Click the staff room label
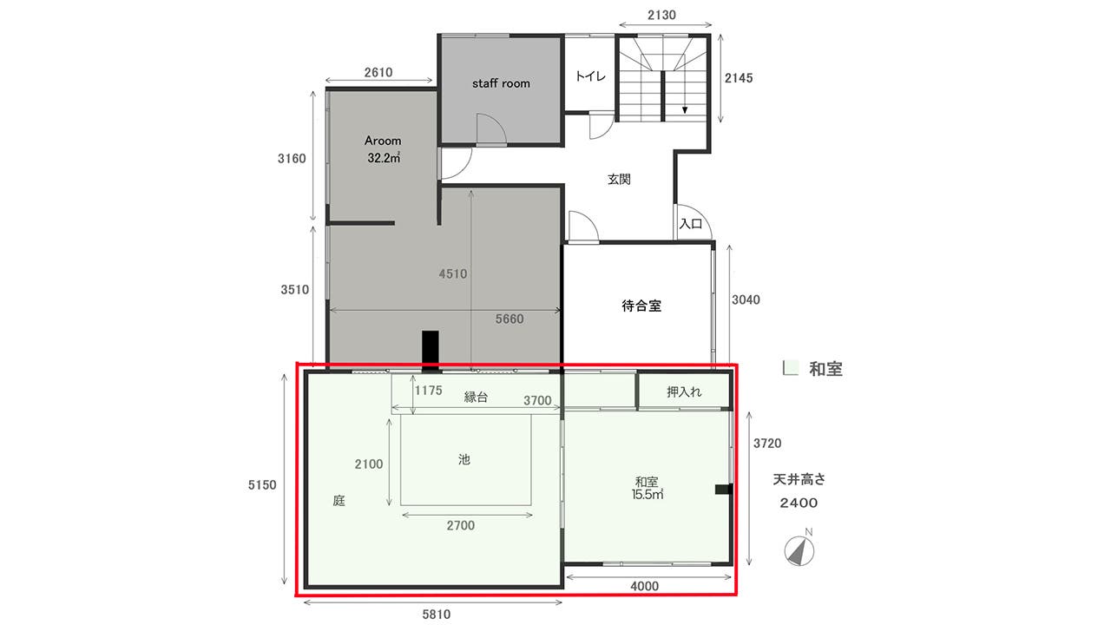pyautogui.click(x=501, y=83)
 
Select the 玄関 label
pyautogui.click(x=618, y=180)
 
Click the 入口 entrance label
pyautogui.click(x=691, y=224)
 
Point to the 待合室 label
pyautogui.click(x=641, y=306)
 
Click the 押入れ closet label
pyautogui.click(x=684, y=392)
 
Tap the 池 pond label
pyautogui.click(x=464, y=460)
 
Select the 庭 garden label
pyautogui.click(x=339, y=501)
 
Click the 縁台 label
pyautogui.click(x=476, y=397)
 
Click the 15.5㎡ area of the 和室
pyautogui.click(x=648, y=496)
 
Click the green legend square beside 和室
pyautogui.click(x=790, y=368)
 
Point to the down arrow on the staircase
pyautogui.click(x=685, y=109)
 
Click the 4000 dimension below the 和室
pyautogui.click(x=645, y=586)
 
